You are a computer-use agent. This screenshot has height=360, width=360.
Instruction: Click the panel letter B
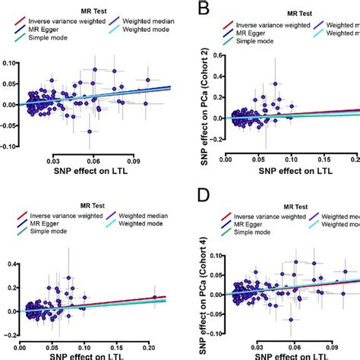click(x=203, y=11)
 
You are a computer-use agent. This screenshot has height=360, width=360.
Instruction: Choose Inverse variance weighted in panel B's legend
click(x=267, y=26)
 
